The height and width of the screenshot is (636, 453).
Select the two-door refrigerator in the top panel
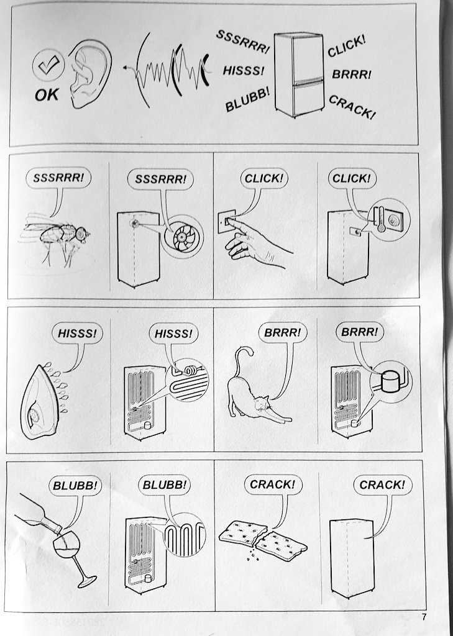click(x=300, y=75)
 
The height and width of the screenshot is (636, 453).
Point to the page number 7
click(x=424, y=617)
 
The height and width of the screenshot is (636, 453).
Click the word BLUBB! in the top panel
click(x=247, y=99)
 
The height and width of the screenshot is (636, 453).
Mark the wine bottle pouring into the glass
click(x=37, y=512)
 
